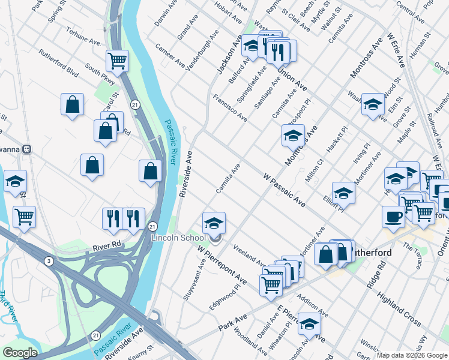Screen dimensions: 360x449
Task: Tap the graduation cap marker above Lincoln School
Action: (214, 223)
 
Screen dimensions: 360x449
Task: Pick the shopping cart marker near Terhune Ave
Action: (117, 60)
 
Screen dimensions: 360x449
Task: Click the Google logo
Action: (20, 353)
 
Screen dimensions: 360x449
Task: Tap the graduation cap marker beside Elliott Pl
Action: (343, 193)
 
